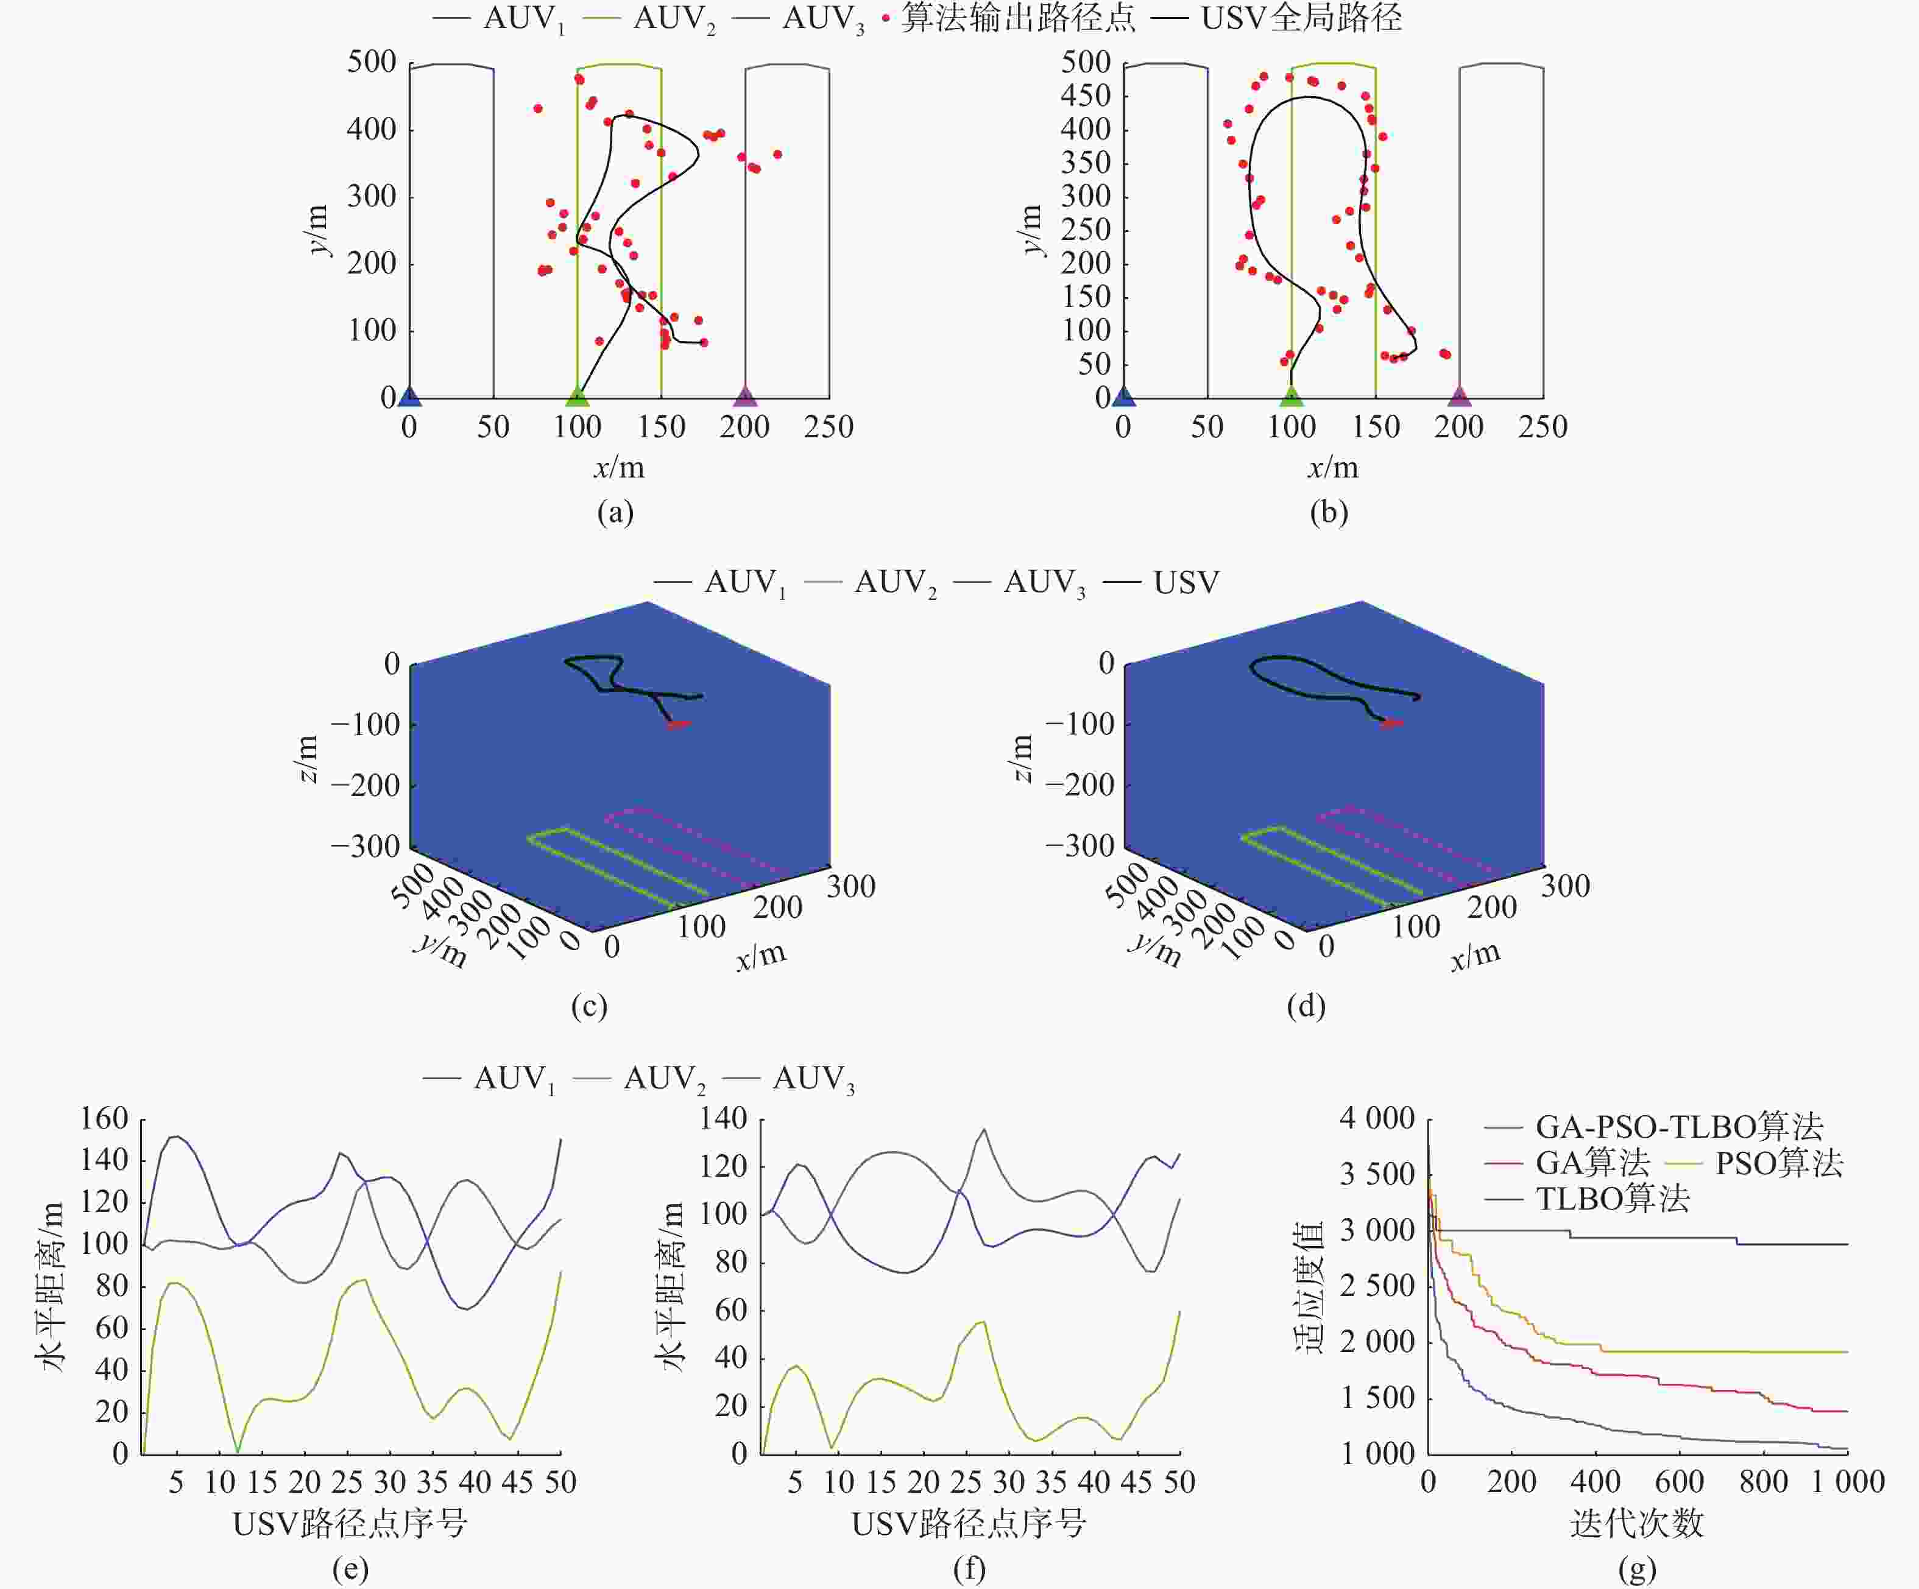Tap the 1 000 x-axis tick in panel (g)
[x=1848, y=1481]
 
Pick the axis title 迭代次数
[x=1636, y=1523]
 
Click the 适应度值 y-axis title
[x=1309, y=1286]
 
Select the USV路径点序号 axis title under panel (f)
[x=969, y=1523]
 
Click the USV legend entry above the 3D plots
[x=1186, y=582]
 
